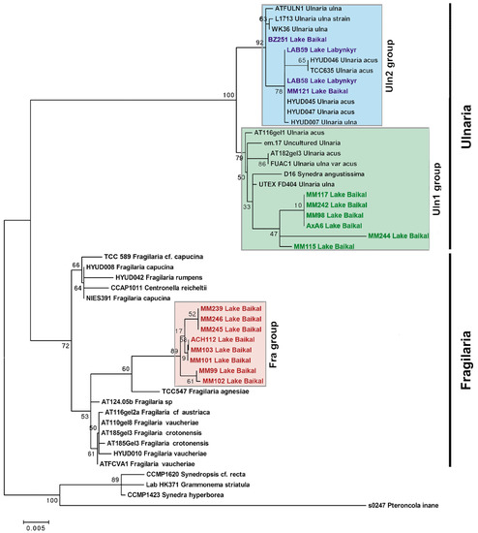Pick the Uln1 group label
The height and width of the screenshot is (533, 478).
400,190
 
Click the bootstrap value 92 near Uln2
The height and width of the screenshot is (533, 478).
259,44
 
